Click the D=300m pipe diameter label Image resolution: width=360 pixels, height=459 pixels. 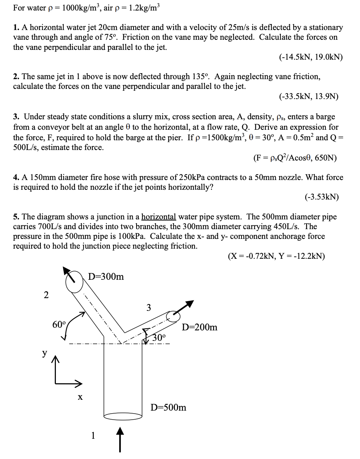pyautogui.click(x=106, y=277)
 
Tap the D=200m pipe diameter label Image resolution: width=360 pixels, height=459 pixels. pyautogui.click(x=199, y=327)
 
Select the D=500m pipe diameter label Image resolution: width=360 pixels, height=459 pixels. pyautogui.click(x=168, y=407)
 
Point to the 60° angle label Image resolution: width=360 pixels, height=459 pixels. pyautogui.click(x=59, y=324)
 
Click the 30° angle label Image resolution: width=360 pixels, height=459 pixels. pyautogui.click(x=159, y=337)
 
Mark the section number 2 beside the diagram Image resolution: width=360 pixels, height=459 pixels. pyautogui.click(x=46, y=295)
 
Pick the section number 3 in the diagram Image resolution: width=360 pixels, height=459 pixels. pyautogui.click(x=148, y=308)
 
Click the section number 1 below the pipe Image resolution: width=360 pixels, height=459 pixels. pyautogui.click(x=93, y=435)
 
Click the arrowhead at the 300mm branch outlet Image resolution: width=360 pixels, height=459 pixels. pyautogui.click(x=67, y=271)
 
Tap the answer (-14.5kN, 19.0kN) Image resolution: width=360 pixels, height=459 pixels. pyautogui.click(x=311, y=57)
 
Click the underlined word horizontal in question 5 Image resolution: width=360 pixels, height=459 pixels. pyautogui.click(x=158, y=217)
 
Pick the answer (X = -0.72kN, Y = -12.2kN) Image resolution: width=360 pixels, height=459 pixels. pyautogui.click(x=276, y=256)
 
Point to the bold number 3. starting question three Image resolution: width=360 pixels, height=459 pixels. pyautogui.click(x=16, y=117)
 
